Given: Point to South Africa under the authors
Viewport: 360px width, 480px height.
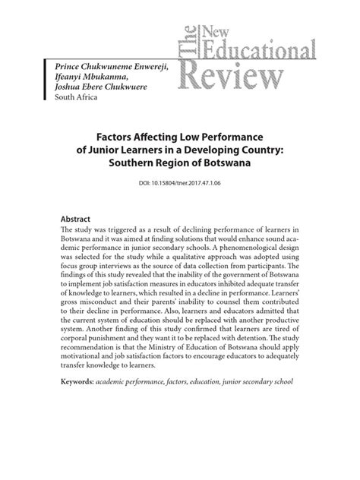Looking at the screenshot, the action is coord(80,106).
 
